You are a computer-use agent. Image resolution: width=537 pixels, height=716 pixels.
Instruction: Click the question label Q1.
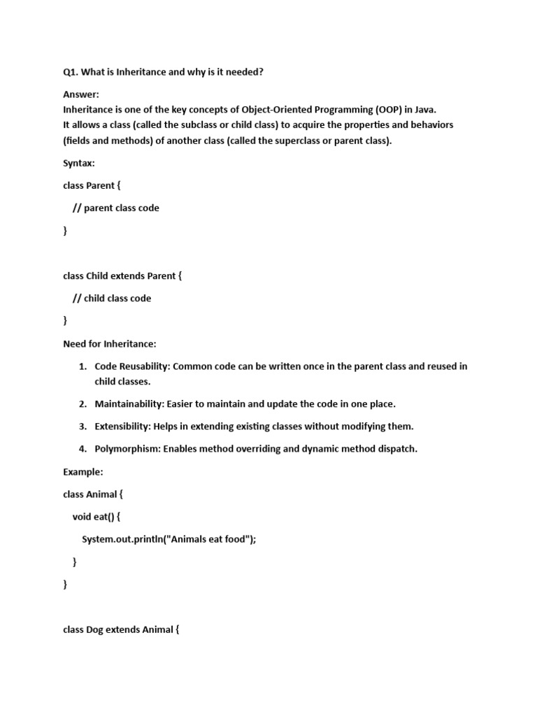(71, 72)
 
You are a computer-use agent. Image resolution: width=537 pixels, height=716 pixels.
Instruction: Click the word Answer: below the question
(81, 94)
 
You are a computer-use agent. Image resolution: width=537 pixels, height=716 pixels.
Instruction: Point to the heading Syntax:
(79, 163)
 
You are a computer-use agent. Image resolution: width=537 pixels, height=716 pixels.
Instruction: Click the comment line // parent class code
(116, 208)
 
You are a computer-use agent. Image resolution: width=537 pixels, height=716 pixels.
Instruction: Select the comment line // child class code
(112, 298)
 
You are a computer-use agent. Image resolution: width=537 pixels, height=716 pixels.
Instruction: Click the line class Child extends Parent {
(122, 275)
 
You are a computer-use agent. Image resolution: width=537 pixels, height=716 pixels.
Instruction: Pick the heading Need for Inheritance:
(110, 343)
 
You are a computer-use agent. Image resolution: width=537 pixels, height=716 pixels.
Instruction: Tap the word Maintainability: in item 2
(128, 404)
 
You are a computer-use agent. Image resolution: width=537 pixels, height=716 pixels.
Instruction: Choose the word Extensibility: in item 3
(124, 427)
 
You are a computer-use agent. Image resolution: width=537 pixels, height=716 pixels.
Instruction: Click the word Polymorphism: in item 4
(127, 449)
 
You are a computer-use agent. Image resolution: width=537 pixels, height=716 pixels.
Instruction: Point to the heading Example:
(83, 472)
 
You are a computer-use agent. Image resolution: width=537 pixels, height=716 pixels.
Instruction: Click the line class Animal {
(93, 494)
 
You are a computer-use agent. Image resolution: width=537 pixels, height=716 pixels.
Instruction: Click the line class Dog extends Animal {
(122, 629)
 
